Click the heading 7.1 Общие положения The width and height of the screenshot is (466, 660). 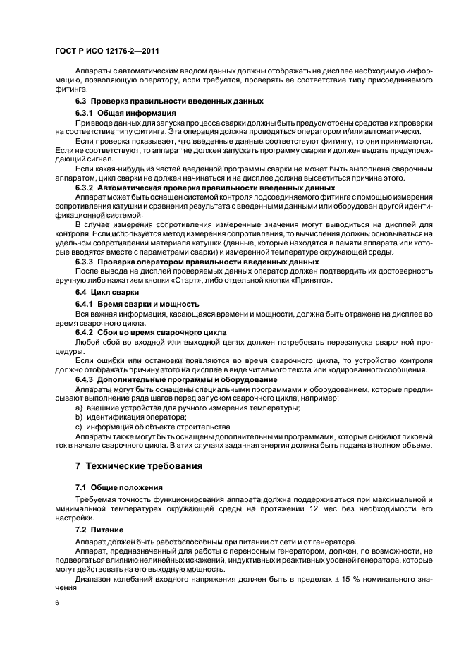pyautogui.click(x=119, y=487)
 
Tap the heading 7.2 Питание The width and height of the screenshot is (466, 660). pyautogui.click(x=99, y=528)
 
